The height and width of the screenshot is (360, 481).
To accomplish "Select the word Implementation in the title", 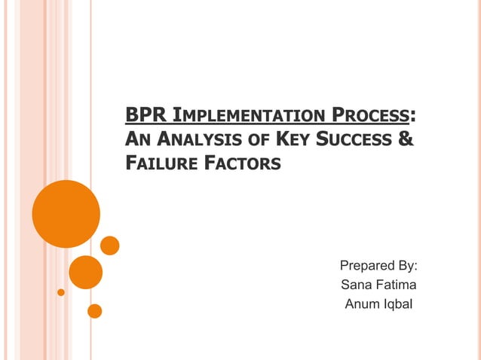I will coord(245,117).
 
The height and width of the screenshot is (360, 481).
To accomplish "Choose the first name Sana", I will coord(356,285).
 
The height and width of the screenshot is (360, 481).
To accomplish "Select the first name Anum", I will coord(361,305).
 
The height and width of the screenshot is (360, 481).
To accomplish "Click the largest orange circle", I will coord(66,214).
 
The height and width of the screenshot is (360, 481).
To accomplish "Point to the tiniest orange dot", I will coord(61,291).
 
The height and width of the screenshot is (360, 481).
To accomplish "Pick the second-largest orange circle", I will coord(85,272).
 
